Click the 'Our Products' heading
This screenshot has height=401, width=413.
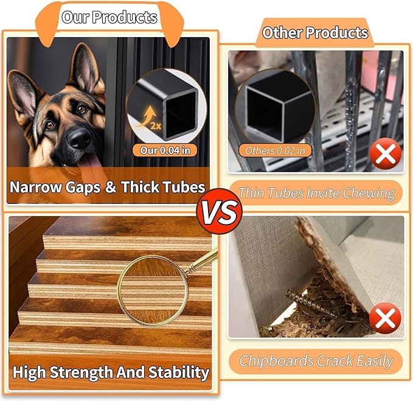pos(109,17)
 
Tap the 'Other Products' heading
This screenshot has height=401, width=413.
pos(315,32)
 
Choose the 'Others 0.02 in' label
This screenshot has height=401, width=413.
pos(275,149)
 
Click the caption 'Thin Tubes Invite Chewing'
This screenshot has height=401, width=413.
pos(316,194)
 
